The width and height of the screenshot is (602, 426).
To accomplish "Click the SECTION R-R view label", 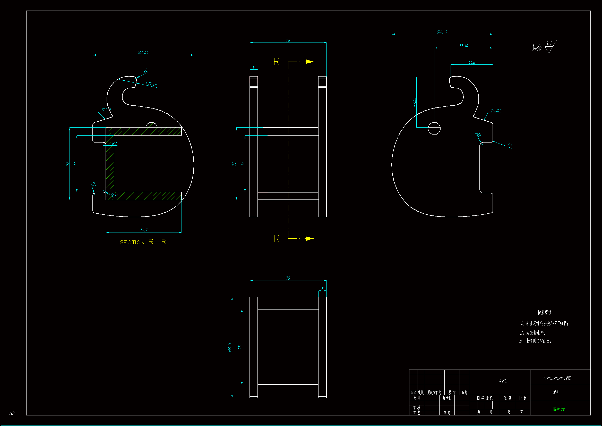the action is pos(143,242).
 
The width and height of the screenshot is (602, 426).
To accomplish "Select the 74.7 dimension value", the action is pos(144,230).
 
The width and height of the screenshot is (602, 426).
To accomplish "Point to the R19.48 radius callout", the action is pos(151,84).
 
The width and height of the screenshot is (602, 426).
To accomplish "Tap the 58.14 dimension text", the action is pos(463,46).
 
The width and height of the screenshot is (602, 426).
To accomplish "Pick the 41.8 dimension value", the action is pos(471,62).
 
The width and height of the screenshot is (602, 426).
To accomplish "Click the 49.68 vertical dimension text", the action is pos(414,102).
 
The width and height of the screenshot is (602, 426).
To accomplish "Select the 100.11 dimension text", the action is pos(230,347).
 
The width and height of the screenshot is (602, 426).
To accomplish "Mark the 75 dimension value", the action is pos(239,347).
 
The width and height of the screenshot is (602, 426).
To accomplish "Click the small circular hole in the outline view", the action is pos(434,128).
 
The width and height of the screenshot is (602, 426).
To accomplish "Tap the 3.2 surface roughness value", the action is pos(549,43).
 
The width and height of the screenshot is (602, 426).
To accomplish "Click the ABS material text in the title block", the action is pos(503,381).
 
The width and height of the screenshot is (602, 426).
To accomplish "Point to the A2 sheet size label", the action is pos(12,413).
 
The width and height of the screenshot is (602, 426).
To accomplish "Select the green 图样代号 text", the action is pos(559,409).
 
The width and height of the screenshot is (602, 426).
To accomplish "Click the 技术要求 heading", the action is pos(544,312).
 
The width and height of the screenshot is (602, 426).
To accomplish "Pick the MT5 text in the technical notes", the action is pos(555,323).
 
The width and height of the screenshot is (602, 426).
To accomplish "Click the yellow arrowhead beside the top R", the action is pos(310,62).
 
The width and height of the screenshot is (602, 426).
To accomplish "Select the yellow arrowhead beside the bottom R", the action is pos(310,238).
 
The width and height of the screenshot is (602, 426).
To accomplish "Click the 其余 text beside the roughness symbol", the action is pos(537,47).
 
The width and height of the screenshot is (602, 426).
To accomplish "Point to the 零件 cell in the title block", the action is pos(556,392).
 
